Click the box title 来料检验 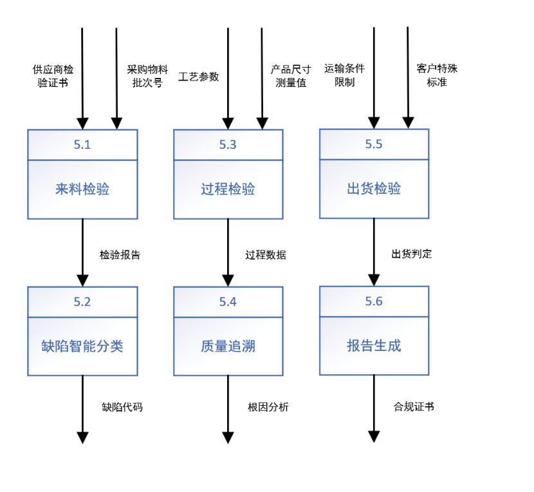pyautogui.click(x=82, y=189)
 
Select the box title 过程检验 pyautogui.click(x=228, y=189)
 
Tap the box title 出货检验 pyautogui.click(x=374, y=189)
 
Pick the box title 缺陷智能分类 pyautogui.click(x=82, y=346)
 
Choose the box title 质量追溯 pyautogui.click(x=228, y=346)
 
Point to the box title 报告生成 pyautogui.click(x=374, y=346)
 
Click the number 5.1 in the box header pyautogui.click(x=82, y=145)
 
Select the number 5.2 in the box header pyautogui.click(x=82, y=301)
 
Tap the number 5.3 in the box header pyautogui.click(x=228, y=145)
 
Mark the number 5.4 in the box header pyautogui.click(x=228, y=301)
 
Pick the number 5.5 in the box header pyautogui.click(x=374, y=145)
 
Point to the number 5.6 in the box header pyautogui.click(x=374, y=301)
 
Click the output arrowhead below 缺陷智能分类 pyautogui.click(x=82, y=438)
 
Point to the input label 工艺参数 pyautogui.click(x=198, y=77)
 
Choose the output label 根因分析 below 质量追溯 pyautogui.click(x=268, y=406)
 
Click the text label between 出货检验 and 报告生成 pyautogui.click(x=411, y=254)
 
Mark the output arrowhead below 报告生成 pyautogui.click(x=374, y=438)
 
